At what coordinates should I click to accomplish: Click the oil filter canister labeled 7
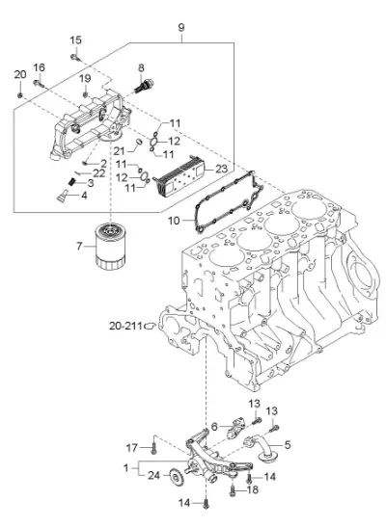pos(110,247)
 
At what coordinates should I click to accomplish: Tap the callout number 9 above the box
pos(181,27)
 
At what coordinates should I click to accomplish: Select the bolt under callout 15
pos(75,58)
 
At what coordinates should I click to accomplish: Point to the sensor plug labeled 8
pos(144,86)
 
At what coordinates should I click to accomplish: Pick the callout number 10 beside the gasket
pos(174,221)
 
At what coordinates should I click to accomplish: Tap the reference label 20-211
pos(125,326)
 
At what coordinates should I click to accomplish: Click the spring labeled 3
pos(71,182)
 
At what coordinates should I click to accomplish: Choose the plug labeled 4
pos(62,196)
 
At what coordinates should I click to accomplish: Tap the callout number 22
pos(99,173)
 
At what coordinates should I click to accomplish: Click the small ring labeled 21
pos(138,142)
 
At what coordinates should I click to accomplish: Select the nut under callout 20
pos(20,95)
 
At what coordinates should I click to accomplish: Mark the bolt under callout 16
pos(39,84)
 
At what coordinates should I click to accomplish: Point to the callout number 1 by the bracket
pos(125,467)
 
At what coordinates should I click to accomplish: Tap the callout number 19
pos(85,79)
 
